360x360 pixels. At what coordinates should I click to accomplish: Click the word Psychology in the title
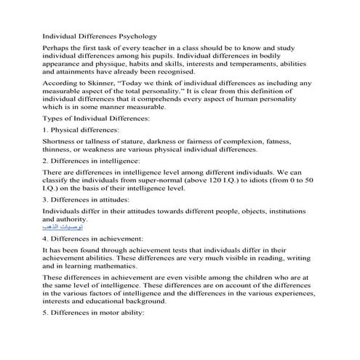[135, 34]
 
